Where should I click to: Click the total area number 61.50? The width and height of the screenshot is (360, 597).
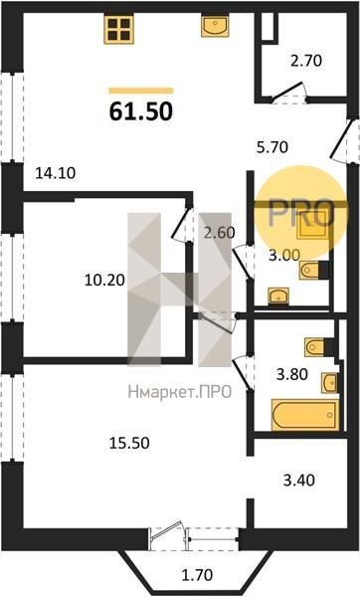(x=141, y=111)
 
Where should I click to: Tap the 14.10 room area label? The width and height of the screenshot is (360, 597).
(x=56, y=173)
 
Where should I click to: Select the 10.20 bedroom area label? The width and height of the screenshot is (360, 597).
(x=104, y=281)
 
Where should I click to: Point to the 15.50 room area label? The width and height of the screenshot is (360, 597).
(x=129, y=443)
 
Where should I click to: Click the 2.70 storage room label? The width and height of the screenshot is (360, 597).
(x=306, y=61)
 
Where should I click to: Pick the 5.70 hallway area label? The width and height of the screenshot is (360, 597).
(x=272, y=147)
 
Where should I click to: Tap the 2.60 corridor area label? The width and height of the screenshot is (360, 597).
(x=219, y=232)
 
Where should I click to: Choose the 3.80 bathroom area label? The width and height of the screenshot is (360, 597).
(x=292, y=374)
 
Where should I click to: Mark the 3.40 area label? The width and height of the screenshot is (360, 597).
(x=299, y=481)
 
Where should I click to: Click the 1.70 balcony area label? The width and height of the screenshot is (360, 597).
(x=197, y=575)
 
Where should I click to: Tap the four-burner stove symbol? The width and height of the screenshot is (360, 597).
(x=118, y=30)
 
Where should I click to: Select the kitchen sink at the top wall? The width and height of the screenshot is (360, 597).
(x=215, y=26)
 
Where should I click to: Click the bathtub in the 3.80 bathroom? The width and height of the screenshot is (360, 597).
(x=305, y=415)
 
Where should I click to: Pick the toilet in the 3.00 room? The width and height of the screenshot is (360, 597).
(x=313, y=271)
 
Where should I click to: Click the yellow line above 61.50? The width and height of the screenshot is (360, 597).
(x=141, y=91)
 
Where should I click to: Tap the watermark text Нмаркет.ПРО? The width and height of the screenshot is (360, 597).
(x=180, y=392)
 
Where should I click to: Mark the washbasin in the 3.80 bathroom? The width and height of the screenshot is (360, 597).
(x=329, y=383)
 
